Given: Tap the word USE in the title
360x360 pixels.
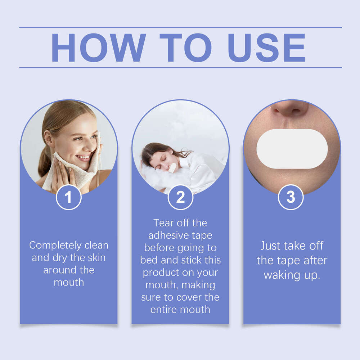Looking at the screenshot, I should [x=267, y=48].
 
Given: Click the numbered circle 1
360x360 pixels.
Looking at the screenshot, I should [x=68, y=197].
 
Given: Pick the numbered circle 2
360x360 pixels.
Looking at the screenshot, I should [x=180, y=197].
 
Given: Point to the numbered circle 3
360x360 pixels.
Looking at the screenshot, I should [x=291, y=197].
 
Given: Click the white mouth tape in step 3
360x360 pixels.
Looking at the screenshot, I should [x=292, y=149].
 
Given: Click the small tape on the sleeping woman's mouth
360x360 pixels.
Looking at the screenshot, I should [x=172, y=167].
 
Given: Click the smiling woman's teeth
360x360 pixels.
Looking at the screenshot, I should [x=83, y=157].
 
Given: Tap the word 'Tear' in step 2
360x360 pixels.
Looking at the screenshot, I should [x=163, y=223].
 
